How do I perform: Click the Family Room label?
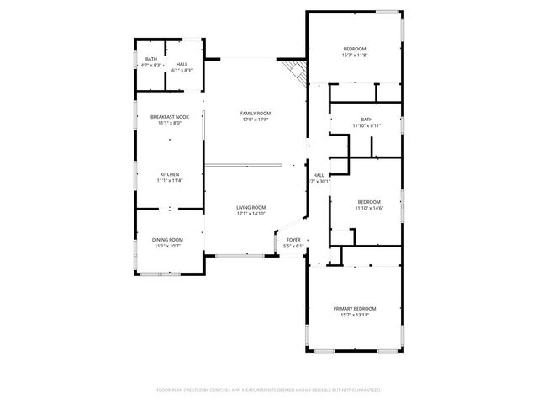click(x=256, y=113)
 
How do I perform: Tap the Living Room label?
click(x=251, y=207)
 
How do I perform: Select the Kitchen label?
click(x=169, y=174)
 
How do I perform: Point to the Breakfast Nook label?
click(x=169, y=117)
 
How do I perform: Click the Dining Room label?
click(x=167, y=240)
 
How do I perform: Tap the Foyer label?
click(x=293, y=240)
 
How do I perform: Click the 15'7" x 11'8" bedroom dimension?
click(x=355, y=56)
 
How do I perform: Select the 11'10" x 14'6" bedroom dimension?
click(x=368, y=208)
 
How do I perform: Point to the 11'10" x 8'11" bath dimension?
click(x=367, y=125)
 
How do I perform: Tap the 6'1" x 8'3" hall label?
click(x=182, y=70)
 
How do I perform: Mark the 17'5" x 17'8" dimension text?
click(x=256, y=120)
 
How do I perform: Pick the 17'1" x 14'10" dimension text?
click(x=251, y=214)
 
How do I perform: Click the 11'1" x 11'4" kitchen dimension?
click(x=169, y=180)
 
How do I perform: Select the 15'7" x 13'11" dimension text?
click(x=354, y=315)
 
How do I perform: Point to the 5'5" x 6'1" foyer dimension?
click(x=293, y=246)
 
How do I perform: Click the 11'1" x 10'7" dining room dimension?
click(x=167, y=246)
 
